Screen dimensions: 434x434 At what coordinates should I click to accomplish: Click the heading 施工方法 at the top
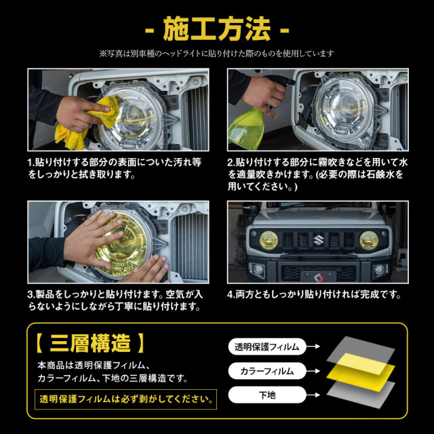pyautogui.click(x=217, y=30)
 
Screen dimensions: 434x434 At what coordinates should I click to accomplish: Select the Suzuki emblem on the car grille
pyautogui.click(x=319, y=239)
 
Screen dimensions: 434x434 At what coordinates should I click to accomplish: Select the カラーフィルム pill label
pyautogui.click(x=265, y=371)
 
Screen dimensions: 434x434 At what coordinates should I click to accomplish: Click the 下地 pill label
pyautogui.click(x=265, y=394)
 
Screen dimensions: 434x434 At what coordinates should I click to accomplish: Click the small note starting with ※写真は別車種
pyautogui.click(x=217, y=53)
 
